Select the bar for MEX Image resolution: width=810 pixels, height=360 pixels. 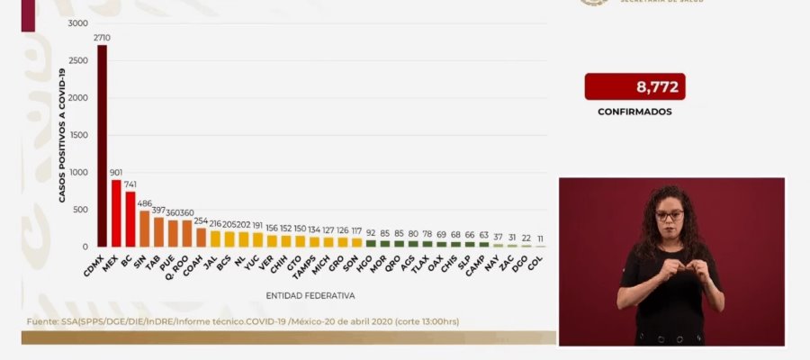click(116, 213)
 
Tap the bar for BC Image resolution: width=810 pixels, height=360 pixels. click(130, 219)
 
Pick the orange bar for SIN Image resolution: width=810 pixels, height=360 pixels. click(144, 229)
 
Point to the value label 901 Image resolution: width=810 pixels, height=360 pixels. click(116, 172)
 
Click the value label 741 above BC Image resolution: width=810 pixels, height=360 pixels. click(131, 184)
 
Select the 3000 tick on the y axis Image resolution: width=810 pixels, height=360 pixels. click(78, 22)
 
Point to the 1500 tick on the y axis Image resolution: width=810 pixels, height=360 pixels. click(78, 135)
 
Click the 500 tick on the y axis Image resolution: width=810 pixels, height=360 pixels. click(80, 210)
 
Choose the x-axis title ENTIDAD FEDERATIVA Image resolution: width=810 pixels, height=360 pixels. click(310, 295)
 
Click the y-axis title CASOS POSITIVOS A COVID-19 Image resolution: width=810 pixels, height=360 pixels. click(64, 135)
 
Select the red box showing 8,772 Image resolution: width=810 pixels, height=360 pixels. click(634, 87)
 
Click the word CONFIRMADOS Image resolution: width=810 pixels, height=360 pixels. click(634, 112)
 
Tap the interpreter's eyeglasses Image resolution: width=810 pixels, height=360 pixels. click(669, 216)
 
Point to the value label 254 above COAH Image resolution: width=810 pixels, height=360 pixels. click(201, 220)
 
